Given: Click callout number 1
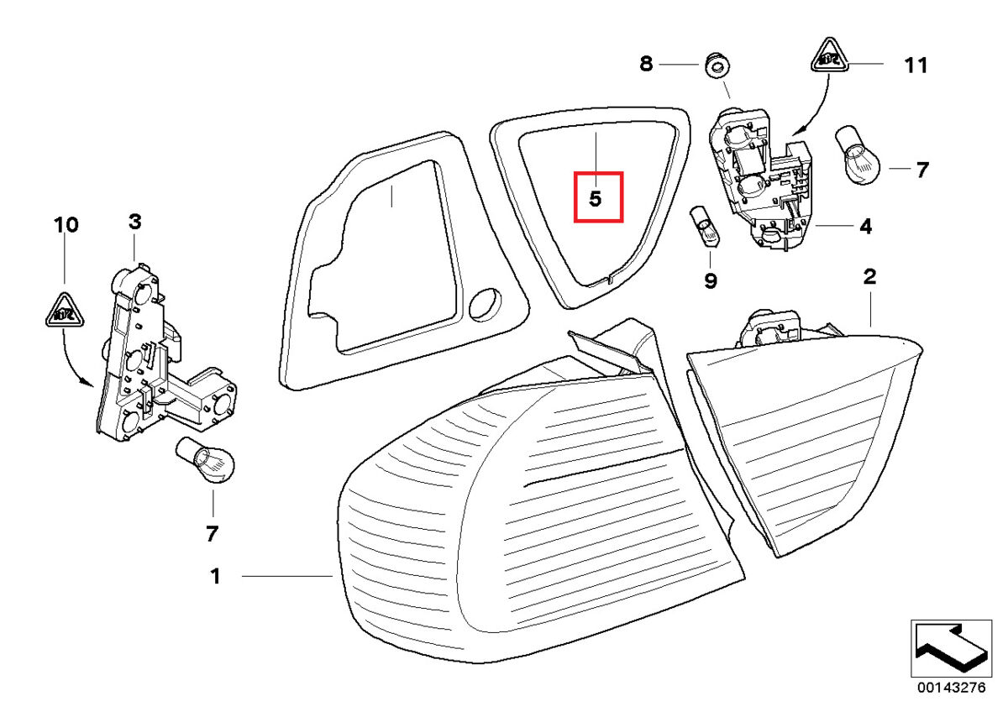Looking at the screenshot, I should [215, 576].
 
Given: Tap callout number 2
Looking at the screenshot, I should [869, 276].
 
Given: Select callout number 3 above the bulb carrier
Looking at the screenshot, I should [134, 222].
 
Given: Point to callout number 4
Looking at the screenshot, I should [865, 226].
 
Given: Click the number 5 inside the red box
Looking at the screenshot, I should [596, 199].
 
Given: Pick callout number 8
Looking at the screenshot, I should [646, 64].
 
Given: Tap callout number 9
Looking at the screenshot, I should [711, 280].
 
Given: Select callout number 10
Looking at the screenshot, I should [66, 225].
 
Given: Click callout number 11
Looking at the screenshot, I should [916, 65].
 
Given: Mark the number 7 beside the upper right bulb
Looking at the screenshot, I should [922, 170].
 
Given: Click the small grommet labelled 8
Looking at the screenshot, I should [717, 64].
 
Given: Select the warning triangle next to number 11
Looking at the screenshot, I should [831, 58].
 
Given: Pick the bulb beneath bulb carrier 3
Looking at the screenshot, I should [206, 464].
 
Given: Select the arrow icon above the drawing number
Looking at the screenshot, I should [949, 647].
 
